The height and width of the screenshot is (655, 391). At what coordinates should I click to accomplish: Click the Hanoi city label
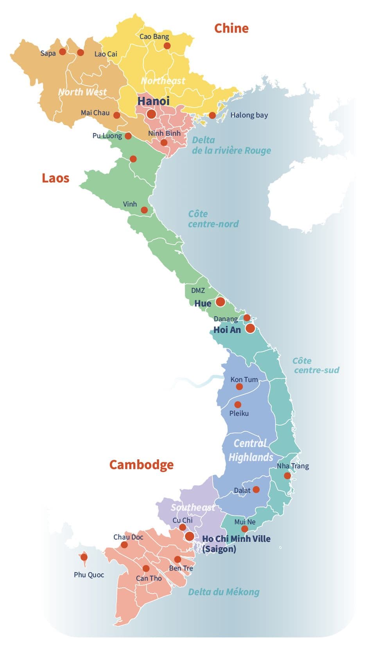pyautogui.click(x=153, y=101)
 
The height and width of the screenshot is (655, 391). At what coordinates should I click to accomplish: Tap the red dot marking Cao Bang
pyautogui.click(x=167, y=46)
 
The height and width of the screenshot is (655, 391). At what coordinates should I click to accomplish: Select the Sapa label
pyautogui.click(x=48, y=53)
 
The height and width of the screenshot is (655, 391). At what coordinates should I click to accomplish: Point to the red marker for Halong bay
pyautogui.click(x=212, y=115)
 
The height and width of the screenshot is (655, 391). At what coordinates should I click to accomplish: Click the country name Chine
pyautogui.click(x=231, y=28)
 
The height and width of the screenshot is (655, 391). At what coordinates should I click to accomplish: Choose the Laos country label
pyautogui.click(x=56, y=178)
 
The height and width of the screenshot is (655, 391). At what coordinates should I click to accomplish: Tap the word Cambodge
pyautogui.click(x=141, y=464)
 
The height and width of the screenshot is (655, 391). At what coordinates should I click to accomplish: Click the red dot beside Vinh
pyautogui.click(x=144, y=210)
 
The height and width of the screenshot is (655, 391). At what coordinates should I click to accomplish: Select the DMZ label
pyautogui.click(x=198, y=290)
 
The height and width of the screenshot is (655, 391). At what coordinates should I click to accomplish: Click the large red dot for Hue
pyautogui.click(x=220, y=302)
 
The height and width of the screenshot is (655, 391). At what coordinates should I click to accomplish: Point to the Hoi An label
pyautogui.click(x=227, y=330)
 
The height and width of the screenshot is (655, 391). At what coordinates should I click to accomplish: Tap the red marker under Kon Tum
pyautogui.click(x=239, y=387)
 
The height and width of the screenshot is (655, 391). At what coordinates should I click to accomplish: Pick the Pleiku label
pyautogui.click(x=239, y=413)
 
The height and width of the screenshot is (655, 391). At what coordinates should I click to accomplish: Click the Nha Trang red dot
pyautogui.click(x=287, y=476)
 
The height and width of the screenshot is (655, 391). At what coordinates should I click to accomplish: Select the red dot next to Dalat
pyautogui.click(x=256, y=489)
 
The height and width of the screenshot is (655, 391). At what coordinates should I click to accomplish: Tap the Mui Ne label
pyautogui.click(x=245, y=522)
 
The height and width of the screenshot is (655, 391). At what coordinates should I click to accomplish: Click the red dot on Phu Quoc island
pyautogui.click(x=84, y=557)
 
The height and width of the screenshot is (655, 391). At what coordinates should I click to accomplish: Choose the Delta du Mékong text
pyautogui.click(x=224, y=592)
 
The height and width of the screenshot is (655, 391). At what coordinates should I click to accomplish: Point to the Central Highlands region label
pyautogui.click(x=251, y=450)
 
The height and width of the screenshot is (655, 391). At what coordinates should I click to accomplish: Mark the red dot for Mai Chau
pyautogui.click(x=117, y=115)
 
